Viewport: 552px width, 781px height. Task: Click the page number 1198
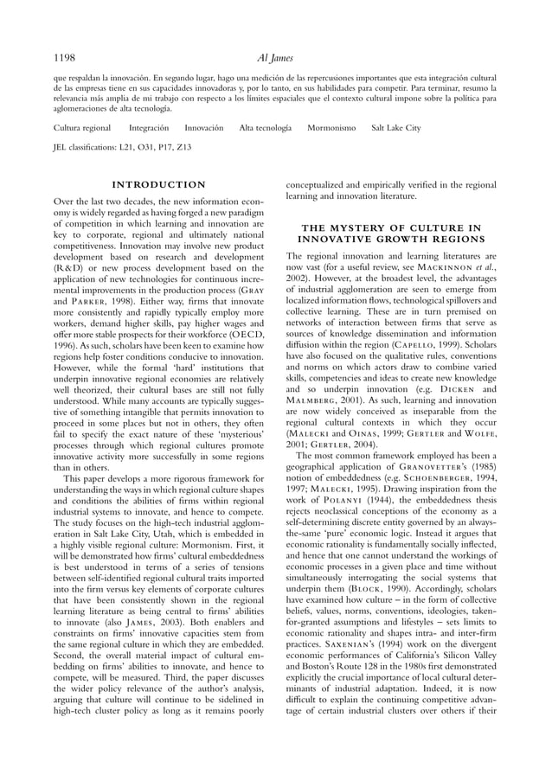65,59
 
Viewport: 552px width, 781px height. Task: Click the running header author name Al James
275,59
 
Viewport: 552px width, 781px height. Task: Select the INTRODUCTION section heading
159,184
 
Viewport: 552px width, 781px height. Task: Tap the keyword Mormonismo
331,128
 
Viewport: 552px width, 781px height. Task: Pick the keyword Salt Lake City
395,128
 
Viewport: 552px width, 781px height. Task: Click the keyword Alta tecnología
265,128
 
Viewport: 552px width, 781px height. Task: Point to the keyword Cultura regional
82,128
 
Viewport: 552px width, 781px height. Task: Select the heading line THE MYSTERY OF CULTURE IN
391,227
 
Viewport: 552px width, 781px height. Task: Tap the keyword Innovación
204,128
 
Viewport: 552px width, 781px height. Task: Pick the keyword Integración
149,128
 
